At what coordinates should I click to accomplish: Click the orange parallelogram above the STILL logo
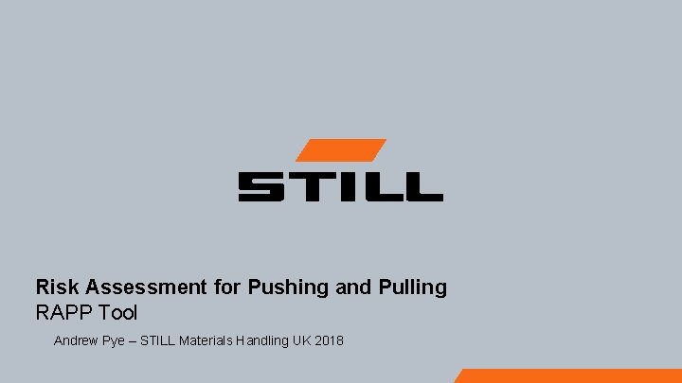[340, 150]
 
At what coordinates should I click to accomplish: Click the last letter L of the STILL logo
[422, 185]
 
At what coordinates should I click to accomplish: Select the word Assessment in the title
[132, 287]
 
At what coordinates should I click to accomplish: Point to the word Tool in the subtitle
[117, 312]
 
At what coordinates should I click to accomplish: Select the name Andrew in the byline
[77, 339]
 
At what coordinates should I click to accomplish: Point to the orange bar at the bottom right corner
[568, 375]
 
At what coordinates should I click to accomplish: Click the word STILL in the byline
[158, 339]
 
